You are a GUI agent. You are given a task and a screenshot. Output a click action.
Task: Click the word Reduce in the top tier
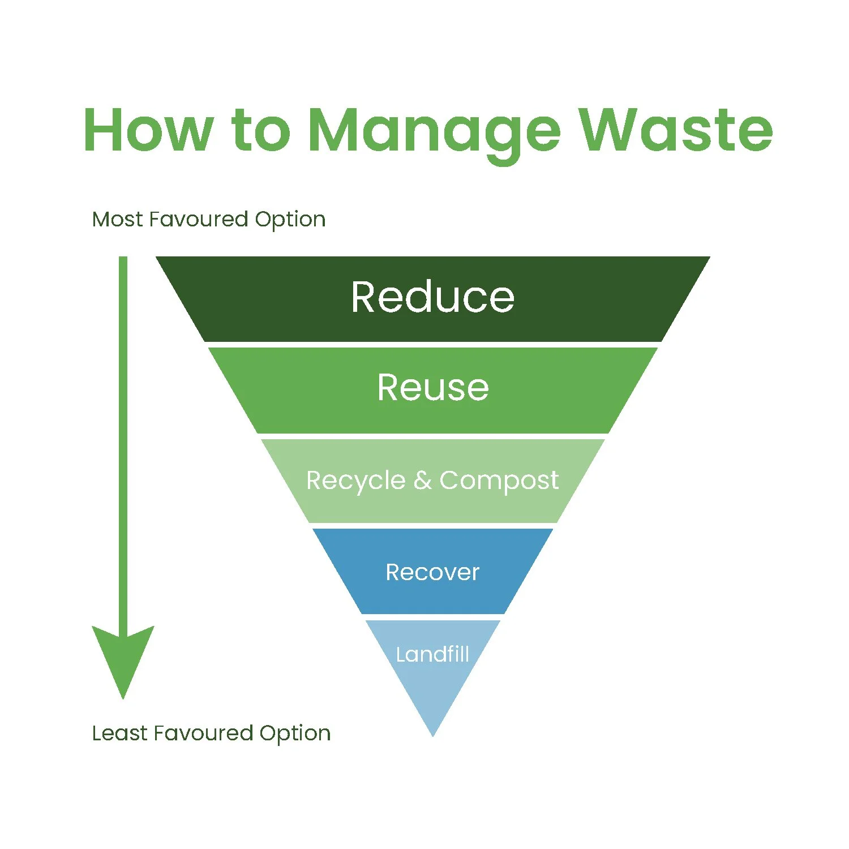tap(432, 297)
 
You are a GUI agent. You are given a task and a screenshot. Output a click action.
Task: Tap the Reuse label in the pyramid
tap(433, 388)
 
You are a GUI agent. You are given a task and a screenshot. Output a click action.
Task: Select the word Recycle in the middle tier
tap(355, 481)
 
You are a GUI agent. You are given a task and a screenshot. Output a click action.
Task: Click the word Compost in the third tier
tap(499, 481)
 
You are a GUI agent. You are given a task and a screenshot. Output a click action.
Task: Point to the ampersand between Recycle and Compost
tap(422, 481)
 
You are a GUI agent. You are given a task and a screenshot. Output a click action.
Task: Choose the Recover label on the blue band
tap(432, 572)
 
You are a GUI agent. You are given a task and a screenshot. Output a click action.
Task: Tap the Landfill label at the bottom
tap(432, 654)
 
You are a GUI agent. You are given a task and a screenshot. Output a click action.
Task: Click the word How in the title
tap(148, 130)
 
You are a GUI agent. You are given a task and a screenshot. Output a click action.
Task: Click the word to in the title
tap(261, 130)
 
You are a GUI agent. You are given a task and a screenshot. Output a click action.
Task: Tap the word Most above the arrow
tap(117, 219)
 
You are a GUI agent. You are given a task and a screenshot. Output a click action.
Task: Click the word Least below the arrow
tap(119, 733)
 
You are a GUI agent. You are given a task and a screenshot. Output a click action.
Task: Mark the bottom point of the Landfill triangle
tap(433, 734)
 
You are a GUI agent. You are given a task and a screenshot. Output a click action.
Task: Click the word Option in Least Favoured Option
tap(295, 734)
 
